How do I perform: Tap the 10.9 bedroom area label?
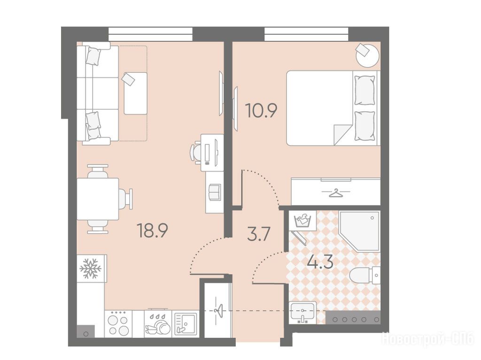pos(261,111)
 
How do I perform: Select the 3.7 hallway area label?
pos(258,235)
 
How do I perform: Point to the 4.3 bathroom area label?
pos(320,262)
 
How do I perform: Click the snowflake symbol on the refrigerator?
pos(91,269)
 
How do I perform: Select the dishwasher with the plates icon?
pos(158,324)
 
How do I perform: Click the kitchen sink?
pos(186,324)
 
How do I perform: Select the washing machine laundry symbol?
pos(303,221)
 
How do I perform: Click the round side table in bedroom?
pos(367,55)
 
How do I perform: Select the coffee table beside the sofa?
pos(135,93)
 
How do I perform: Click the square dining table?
pos(98,199)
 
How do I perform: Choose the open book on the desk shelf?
pos(214,192)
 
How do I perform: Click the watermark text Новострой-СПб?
pos(427,340)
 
